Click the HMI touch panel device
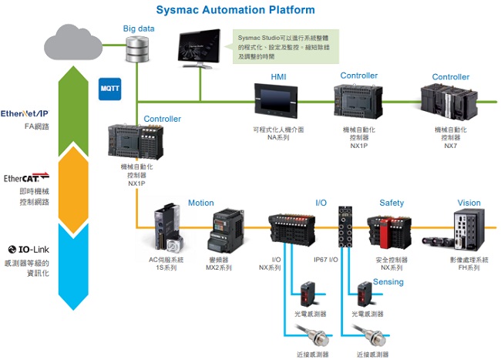tap(276, 101)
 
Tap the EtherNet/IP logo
tap(25, 113)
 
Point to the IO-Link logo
tap(28, 250)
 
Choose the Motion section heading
tap(201, 204)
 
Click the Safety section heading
tap(392, 204)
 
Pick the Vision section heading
tap(469, 204)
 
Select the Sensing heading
tap(388, 282)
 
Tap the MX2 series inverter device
tap(227, 229)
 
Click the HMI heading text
tap(278, 77)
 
